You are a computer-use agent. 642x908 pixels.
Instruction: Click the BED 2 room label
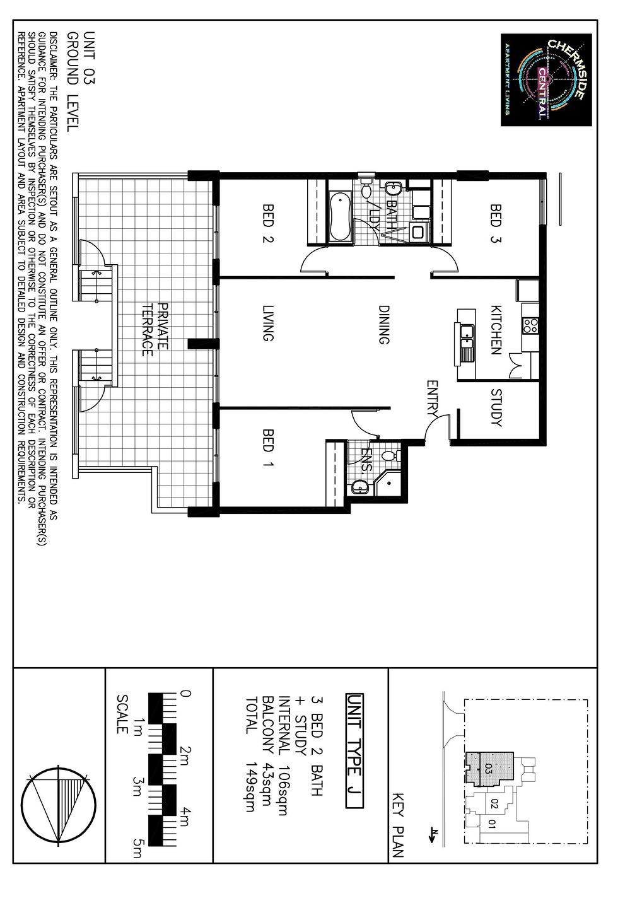[x=268, y=223]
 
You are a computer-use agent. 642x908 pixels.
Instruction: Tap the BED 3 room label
[x=495, y=223]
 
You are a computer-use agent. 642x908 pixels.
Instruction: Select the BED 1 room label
[x=268, y=448]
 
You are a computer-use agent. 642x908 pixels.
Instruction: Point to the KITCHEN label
[x=496, y=330]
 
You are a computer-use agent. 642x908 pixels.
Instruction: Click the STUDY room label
[x=496, y=407]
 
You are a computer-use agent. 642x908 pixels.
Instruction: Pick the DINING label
[x=383, y=325]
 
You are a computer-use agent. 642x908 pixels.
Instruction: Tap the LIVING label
[x=268, y=323]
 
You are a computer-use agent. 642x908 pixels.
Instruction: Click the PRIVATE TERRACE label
[x=155, y=330]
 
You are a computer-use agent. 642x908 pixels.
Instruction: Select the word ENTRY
[x=432, y=399]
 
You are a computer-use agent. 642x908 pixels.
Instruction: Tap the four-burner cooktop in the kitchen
[x=530, y=326]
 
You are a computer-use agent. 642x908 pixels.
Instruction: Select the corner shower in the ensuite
[x=388, y=485]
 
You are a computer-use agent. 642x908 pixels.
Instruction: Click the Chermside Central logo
[x=546, y=79]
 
